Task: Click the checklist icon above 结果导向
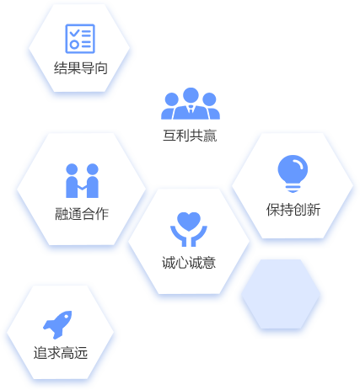coord(80,39)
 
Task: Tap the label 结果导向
coord(81,68)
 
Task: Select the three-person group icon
coord(191,104)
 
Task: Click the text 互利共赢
coord(190,136)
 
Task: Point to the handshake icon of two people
coord(82,180)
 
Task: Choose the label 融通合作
coord(82,214)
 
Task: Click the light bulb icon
coord(293,174)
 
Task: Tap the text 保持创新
coord(293,210)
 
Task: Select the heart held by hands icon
coord(189,229)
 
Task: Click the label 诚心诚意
coord(189,263)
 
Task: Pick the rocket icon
coord(57,324)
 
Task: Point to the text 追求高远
coord(61,353)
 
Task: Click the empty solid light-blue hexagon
coord(281,294)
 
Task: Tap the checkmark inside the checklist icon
coord(75,33)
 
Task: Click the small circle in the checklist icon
coord(74,45)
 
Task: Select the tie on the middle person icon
coord(191,110)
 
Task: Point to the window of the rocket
coord(67,317)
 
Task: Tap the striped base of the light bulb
coord(293,188)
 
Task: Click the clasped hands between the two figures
coord(82,187)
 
